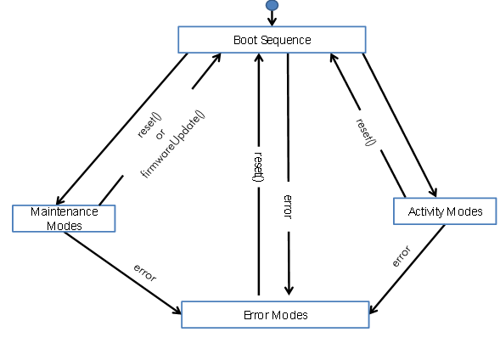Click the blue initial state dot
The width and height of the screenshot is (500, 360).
point(272,5)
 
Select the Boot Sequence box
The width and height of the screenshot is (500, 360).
point(272,40)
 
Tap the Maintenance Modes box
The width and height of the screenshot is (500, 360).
point(64,218)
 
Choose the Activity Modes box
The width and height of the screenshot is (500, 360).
point(445,211)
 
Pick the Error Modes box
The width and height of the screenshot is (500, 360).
point(275,315)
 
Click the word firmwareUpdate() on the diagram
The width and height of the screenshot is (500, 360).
point(172,144)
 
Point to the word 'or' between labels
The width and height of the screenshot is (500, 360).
point(160,134)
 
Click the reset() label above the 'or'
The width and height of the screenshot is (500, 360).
point(149,125)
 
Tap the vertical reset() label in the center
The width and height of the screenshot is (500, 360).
point(258,166)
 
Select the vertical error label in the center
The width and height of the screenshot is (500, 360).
point(288,207)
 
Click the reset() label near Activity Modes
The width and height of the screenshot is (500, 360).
point(366,132)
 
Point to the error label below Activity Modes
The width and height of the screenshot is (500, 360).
point(402,256)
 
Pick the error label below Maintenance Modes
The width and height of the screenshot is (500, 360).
point(145,273)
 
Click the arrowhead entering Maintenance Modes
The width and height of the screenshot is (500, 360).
point(59,200)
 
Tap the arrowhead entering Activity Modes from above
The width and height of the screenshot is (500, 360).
point(434,192)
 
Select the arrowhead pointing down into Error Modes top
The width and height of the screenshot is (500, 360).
point(289,290)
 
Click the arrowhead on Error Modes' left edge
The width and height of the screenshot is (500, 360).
point(177,310)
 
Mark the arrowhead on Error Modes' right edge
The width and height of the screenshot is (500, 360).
point(373,309)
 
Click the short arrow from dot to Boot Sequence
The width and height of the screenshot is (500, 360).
point(272,18)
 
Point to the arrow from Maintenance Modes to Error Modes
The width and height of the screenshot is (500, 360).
point(123,272)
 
